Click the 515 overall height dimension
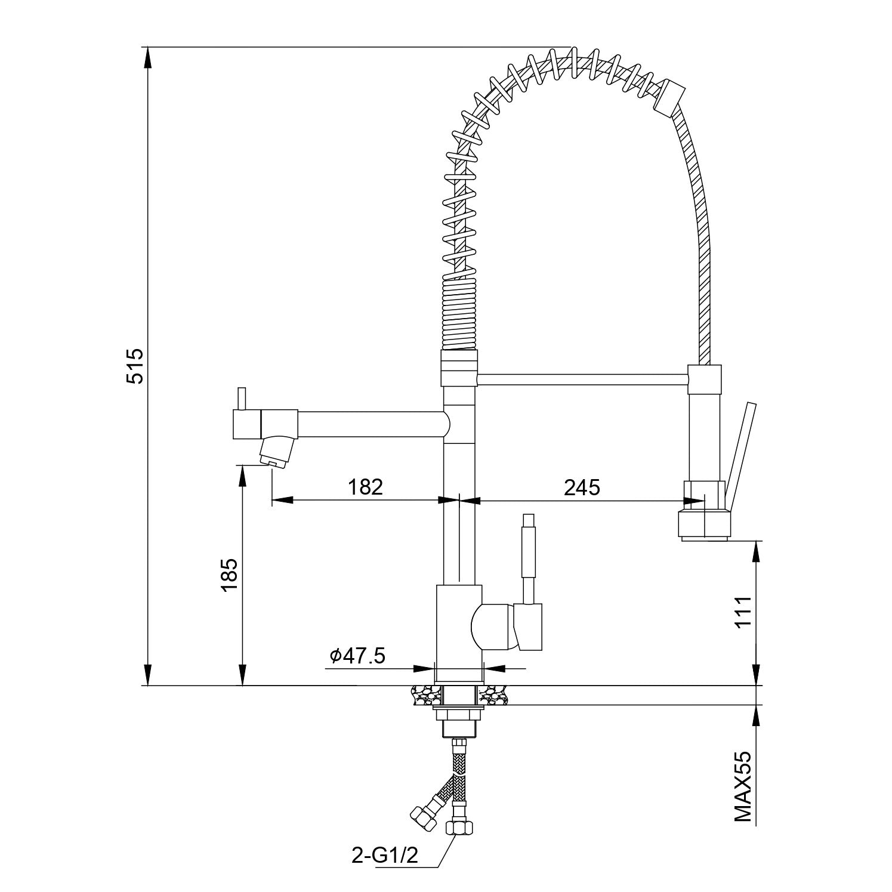click(135, 366)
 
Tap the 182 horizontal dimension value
click(365, 487)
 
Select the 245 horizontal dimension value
click(582, 487)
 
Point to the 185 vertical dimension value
click(230, 575)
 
